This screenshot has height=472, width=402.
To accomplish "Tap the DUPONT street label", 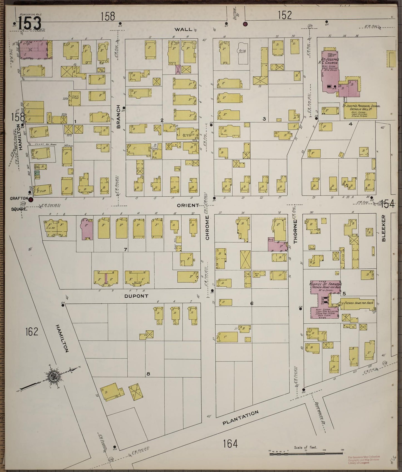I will tap(136, 296).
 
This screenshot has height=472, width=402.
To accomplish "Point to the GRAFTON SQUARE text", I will tap(19, 204).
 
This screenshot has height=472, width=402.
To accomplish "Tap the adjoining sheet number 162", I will tap(31, 331).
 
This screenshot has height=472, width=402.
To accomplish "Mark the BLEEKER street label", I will tap(384, 228).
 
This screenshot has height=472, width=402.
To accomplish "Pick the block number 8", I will tap(148, 374).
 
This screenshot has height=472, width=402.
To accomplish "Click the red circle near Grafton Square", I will tap(31, 200).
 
